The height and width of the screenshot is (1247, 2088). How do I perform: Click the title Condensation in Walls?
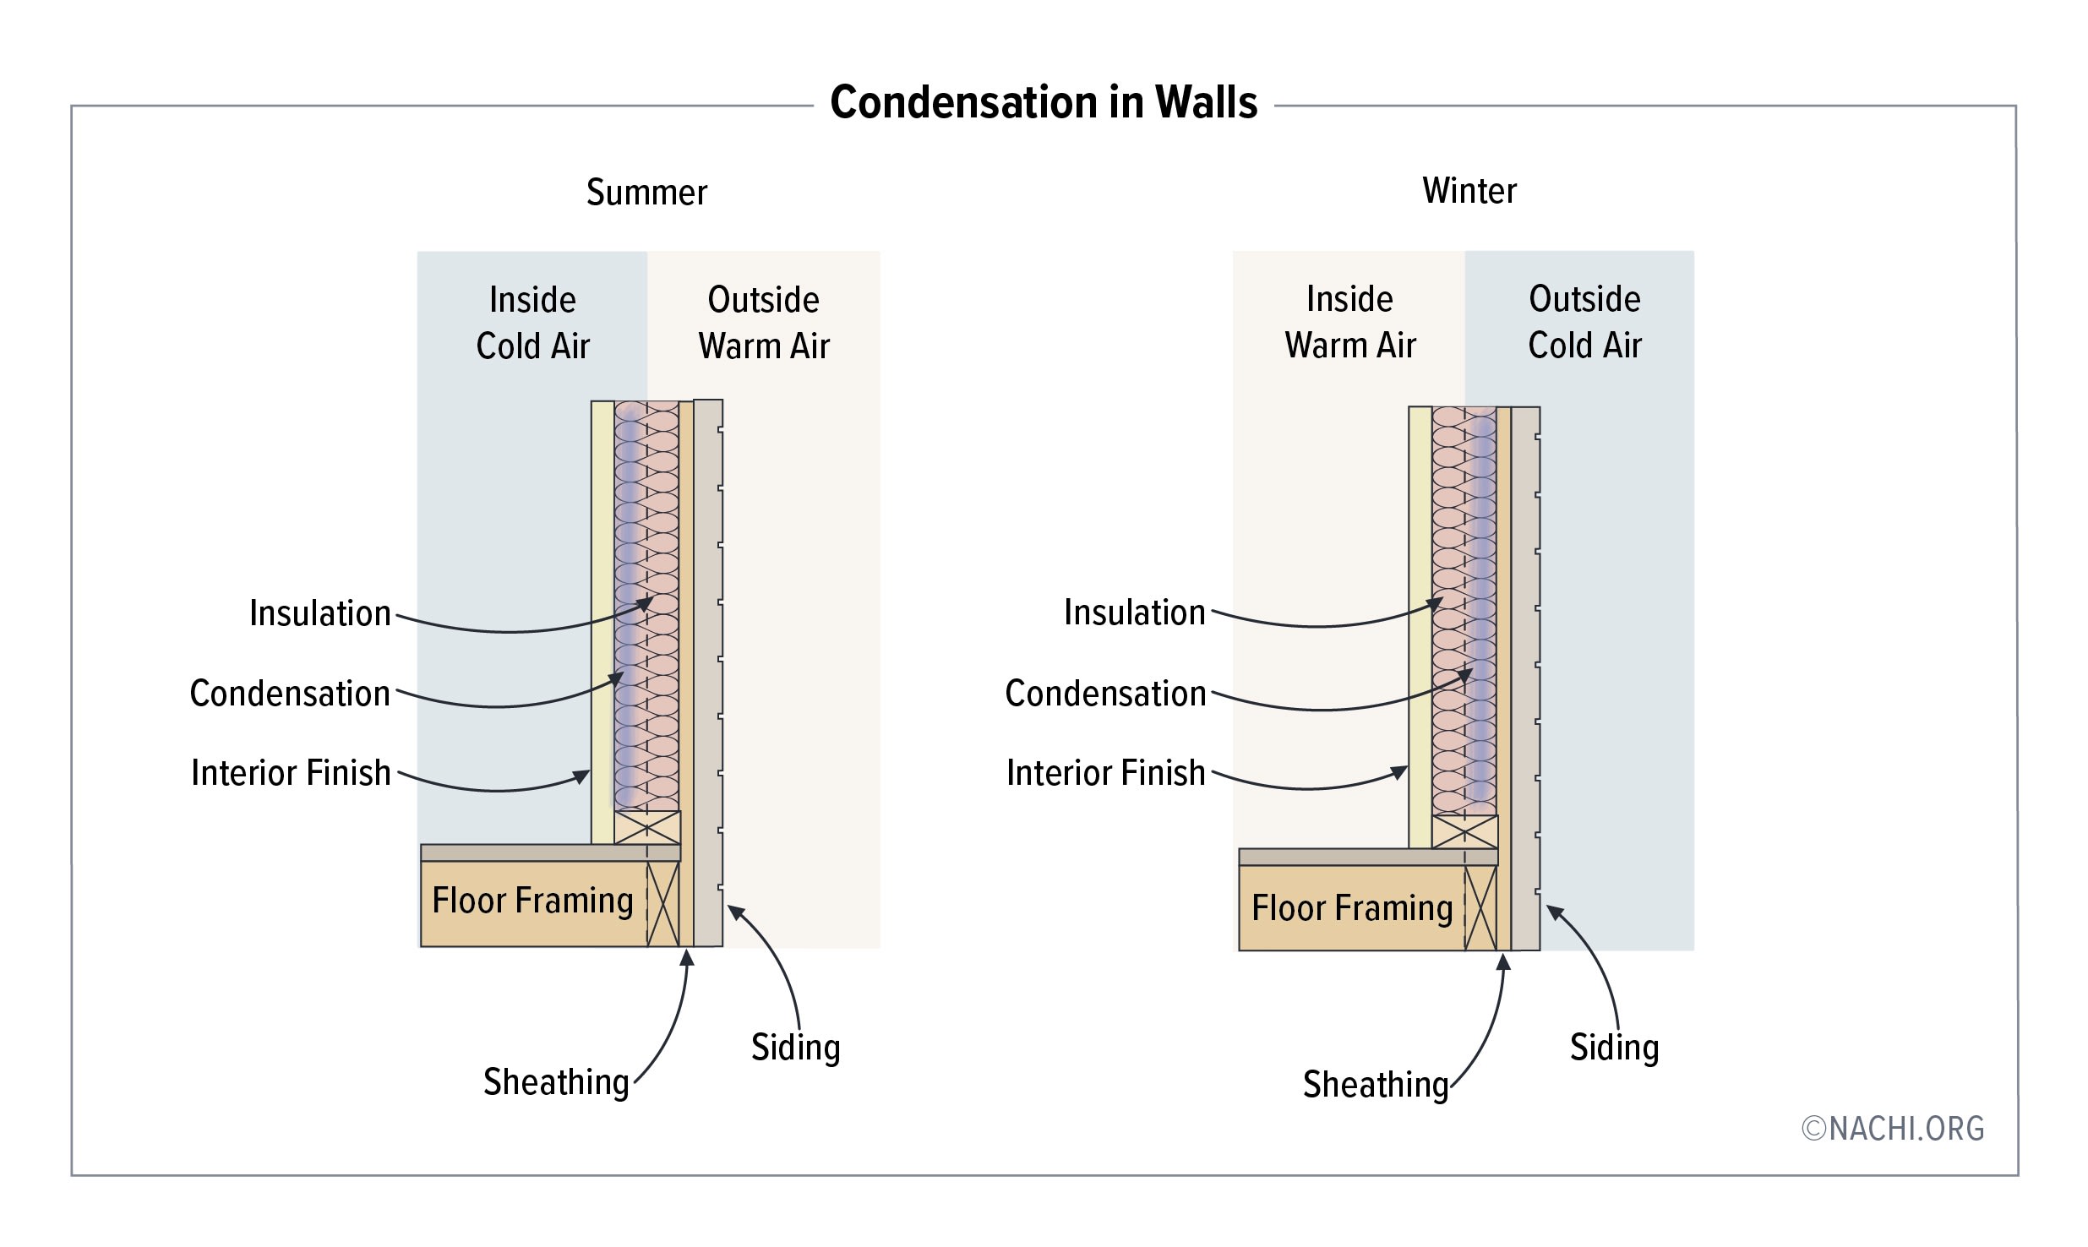coord(1043,103)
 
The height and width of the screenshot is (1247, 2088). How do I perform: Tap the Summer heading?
coord(646,193)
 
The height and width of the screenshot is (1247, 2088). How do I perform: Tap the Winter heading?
coord(1469,191)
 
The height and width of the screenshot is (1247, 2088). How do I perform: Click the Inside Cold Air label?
coord(532,323)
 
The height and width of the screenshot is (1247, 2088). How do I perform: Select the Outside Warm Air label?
coord(764,323)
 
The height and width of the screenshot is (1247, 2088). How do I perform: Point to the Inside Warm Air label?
coord(1349,322)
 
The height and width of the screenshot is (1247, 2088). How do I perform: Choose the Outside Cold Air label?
coord(1584,322)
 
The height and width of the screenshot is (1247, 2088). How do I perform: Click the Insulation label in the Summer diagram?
coord(320,613)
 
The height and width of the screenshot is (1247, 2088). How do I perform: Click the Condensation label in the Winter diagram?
coord(1105,694)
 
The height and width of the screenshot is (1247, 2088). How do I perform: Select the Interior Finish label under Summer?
coord(291,773)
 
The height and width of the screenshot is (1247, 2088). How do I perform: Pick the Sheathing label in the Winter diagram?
coord(1375,1085)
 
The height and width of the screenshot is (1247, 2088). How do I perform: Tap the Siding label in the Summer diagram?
coord(795,1048)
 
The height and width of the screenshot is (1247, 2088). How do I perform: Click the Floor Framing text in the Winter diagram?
coord(1351,909)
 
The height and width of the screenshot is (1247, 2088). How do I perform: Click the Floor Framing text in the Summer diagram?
coord(532,901)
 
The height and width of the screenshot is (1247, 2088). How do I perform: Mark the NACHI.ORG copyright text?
coord(1893,1129)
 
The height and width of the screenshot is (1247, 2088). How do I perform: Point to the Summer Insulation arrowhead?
coord(646,602)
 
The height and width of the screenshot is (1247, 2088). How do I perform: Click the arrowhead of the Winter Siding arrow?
coord(1555,913)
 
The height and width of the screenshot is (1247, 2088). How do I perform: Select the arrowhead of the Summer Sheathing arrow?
coord(687,957)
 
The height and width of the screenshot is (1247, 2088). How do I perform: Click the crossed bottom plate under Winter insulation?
coord(1465,832)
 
